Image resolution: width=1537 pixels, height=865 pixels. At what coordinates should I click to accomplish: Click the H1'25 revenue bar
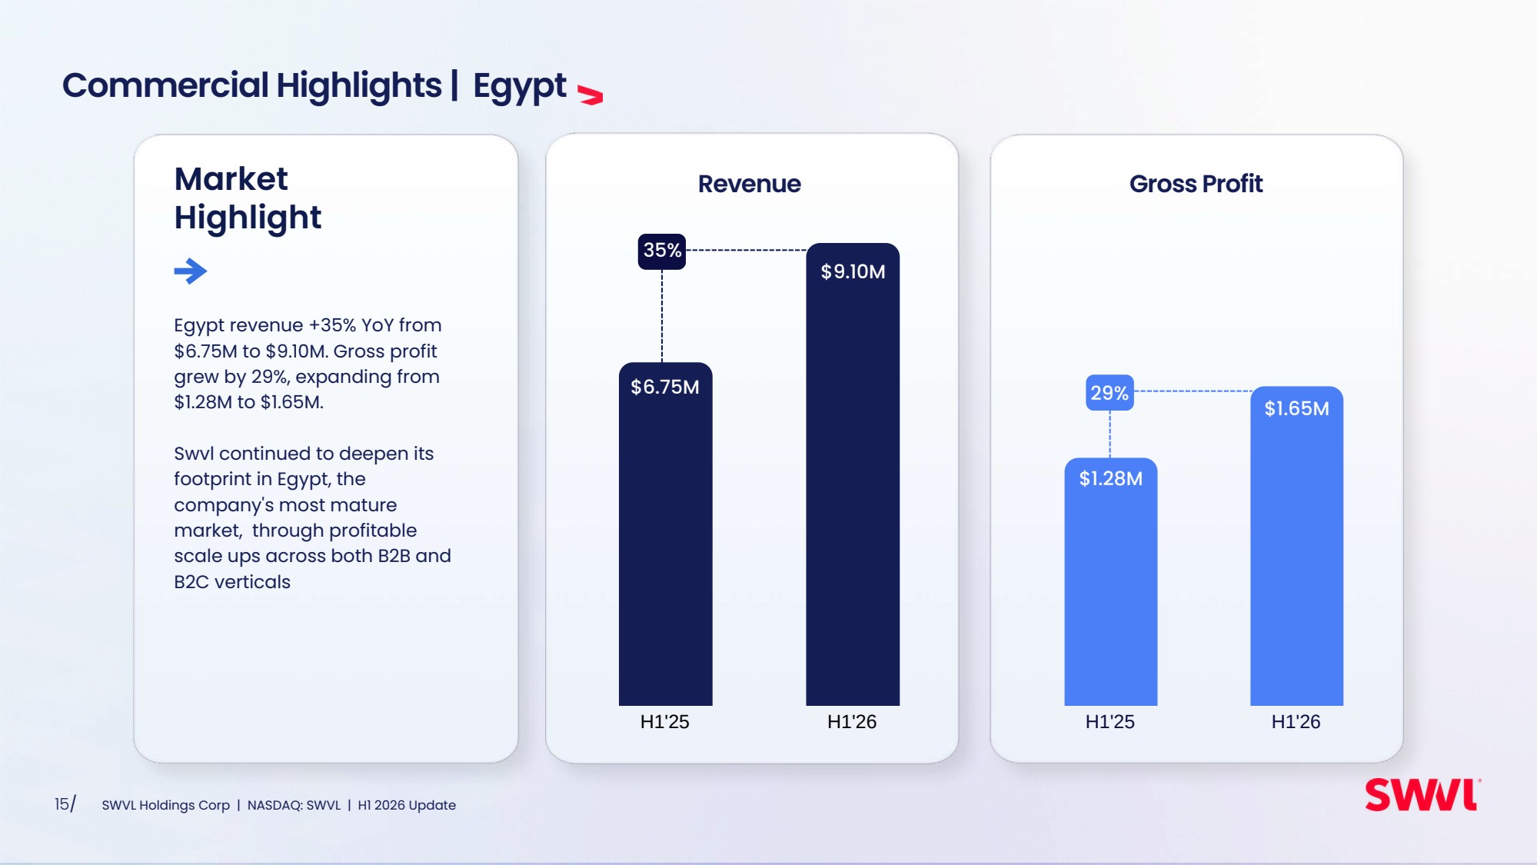click(x=665, y=534)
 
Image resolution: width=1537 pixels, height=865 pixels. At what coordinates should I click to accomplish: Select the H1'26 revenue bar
click(x=853, y=474)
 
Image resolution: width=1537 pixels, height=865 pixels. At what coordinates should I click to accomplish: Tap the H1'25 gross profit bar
click(x=1110, y=582)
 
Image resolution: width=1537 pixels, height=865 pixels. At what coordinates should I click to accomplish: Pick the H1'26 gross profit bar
click(x=1296, y=546)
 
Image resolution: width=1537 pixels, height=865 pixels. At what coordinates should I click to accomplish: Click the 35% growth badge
click(x=662, y=251)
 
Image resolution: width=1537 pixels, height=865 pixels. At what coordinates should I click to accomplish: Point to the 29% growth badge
click(x=1110, y=393)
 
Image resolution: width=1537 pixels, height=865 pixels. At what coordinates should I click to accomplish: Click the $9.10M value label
click(x=853, y=271)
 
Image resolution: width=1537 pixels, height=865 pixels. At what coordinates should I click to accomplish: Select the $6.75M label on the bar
click(x=665, y=387)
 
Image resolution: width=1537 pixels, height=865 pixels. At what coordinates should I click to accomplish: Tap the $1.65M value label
click(x=1296, y=408)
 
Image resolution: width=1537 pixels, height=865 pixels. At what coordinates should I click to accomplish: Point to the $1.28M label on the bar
click(x=1110, y=478)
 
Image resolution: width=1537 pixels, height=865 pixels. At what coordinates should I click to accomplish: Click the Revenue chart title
click(x=750, y=184)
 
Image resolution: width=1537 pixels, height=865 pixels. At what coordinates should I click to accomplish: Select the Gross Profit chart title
click(x=1196, y=184)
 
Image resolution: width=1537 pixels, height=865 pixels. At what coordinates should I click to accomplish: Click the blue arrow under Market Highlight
click(x=191, y=271)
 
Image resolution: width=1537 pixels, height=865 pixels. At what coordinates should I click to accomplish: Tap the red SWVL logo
click(x=1422, y=795)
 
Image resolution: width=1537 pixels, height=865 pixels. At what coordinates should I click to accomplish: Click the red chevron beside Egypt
click(x=590, y=95)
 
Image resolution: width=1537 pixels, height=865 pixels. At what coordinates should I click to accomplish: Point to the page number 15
click(x=62, y=804)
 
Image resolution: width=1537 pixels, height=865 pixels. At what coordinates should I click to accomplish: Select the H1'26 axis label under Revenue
click(x=852, y=721)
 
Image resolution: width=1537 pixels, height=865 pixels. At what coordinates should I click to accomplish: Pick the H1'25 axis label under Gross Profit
click(x=1110, y=721)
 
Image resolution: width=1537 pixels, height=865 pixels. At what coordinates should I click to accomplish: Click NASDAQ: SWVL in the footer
click(x=294, y=805)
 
